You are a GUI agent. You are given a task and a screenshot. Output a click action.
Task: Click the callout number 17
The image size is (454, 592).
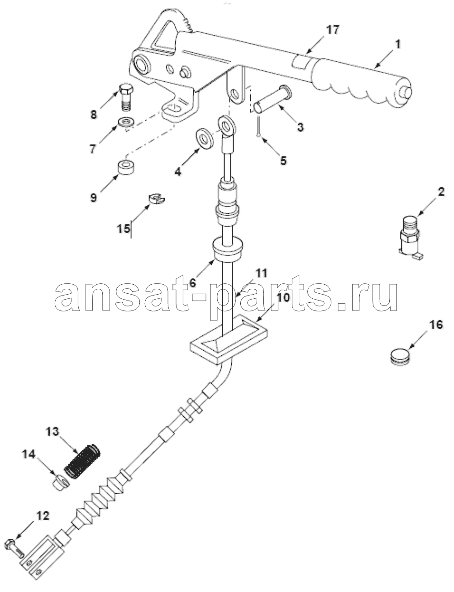point(332,29)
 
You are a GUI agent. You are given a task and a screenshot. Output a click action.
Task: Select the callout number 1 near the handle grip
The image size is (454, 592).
point(398,44)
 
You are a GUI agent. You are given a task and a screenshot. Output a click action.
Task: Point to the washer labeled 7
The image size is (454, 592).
point(126,121)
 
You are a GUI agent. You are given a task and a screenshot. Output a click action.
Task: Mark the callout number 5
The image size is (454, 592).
point(283,161)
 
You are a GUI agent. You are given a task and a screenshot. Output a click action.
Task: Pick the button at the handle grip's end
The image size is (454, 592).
point(407,93)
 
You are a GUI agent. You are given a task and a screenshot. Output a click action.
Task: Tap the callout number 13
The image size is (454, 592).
point(52,432)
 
